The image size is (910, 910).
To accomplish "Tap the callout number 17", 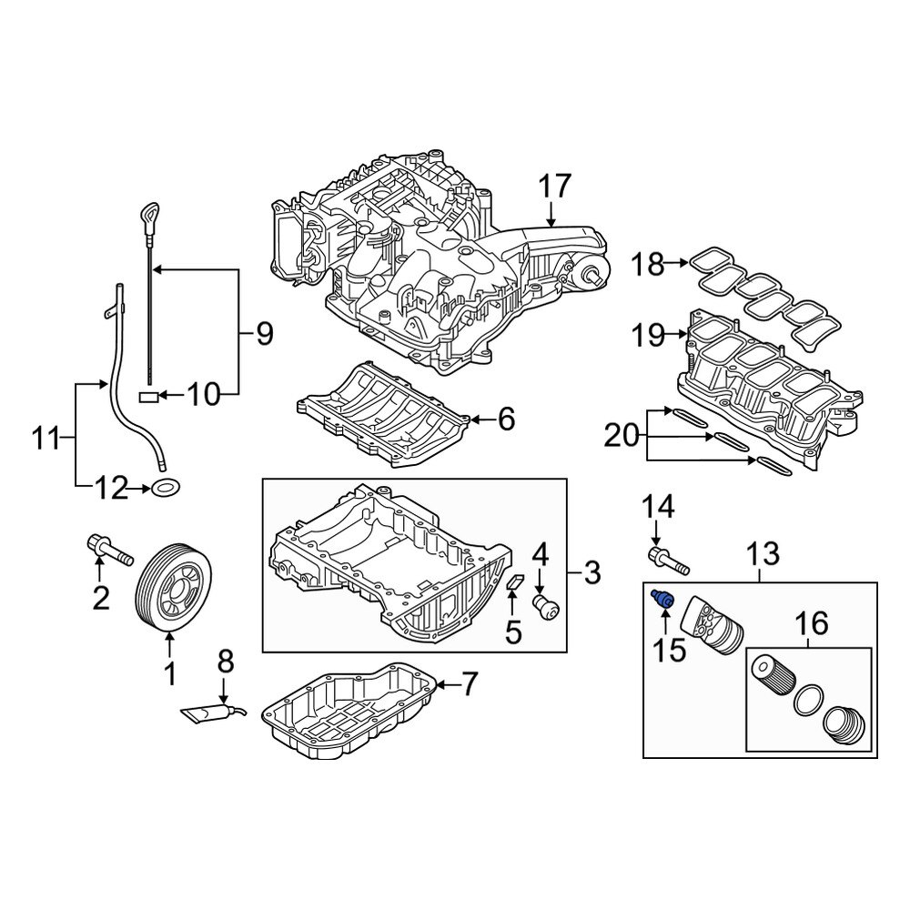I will [x=554, y=187].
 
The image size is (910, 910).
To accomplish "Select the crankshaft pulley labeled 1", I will [x=173, y=587].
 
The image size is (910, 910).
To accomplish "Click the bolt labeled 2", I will [x=108, y=549].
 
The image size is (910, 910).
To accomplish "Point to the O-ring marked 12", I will [x=166, y=489].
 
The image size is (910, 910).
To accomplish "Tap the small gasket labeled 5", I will [x=513, y=582].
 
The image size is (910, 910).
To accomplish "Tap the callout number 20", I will [x=622, y=439].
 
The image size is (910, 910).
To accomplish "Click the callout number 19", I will [x=651, y=336].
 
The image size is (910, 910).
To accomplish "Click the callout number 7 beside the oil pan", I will [x=470, y=682].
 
